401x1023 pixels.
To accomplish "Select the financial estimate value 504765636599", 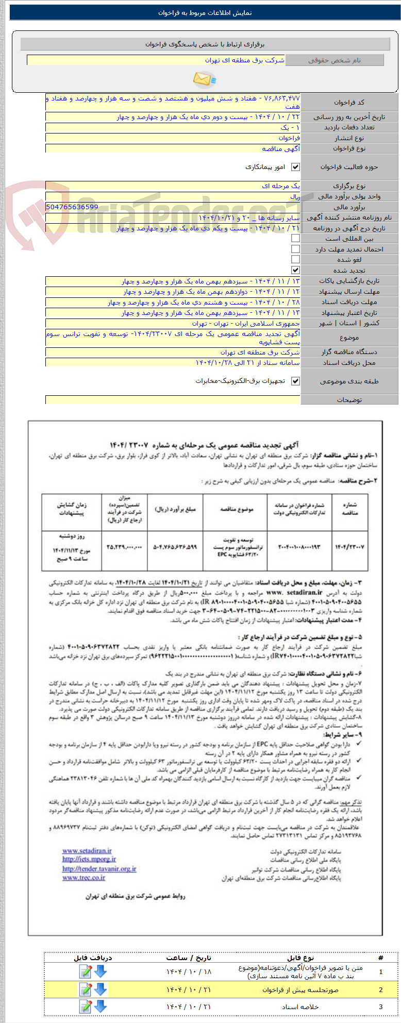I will point(72,207).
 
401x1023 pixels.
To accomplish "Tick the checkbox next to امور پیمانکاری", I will point(295,167).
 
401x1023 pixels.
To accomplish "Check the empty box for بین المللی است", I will point(295,238).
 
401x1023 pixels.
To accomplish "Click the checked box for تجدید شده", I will point(295,270).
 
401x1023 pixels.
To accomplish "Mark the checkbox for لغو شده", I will point(295,259).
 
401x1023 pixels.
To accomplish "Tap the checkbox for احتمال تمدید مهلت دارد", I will point(295,249).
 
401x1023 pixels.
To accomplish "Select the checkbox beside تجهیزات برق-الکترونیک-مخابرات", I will point(295,381).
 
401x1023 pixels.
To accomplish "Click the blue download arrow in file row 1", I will point(101,971).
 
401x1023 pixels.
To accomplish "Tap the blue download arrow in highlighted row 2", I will point(101,989).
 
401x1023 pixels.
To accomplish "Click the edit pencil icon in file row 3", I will point(85,1006).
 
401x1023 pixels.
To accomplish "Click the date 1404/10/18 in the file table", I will point(189,971).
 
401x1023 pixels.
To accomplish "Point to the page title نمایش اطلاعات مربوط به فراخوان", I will point(205,13).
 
